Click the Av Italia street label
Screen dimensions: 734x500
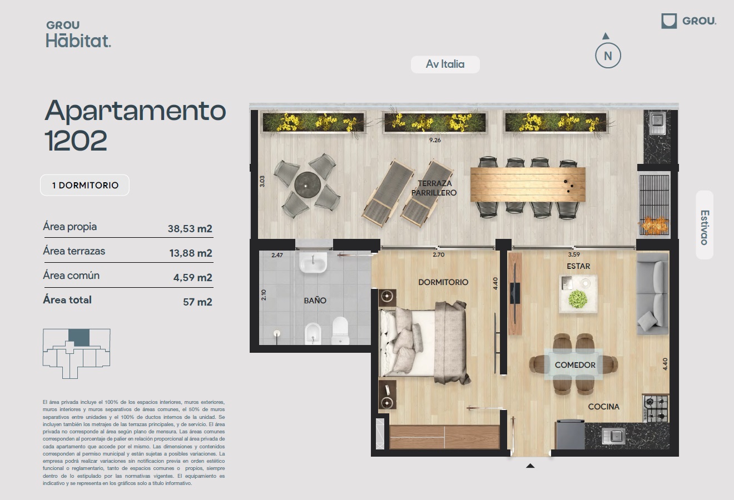pos(445,64)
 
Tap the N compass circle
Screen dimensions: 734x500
pos(608,56)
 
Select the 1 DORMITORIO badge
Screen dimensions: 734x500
pos(85,186)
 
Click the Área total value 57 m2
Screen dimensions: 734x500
pos(197,302)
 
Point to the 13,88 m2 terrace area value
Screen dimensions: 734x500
pos(191,253)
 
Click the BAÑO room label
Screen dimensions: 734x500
pos(315,300)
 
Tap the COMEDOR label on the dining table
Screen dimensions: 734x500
pos(575,365)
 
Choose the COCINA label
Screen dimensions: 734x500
pos(603,407)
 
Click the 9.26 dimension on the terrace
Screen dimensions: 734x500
pos(435,140)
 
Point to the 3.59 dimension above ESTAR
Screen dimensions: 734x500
pos(574,254)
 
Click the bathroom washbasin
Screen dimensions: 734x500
pos(313,262)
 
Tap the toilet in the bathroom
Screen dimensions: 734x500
pos(340,330)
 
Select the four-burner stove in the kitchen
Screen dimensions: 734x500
pos(656,408)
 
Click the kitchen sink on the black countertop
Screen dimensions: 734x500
pos(614,436)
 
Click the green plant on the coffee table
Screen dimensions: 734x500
pos(577,299)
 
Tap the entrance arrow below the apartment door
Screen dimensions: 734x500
pos(530,466)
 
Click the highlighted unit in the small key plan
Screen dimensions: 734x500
pos(78,338)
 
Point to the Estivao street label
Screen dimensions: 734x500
pos(705,228)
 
